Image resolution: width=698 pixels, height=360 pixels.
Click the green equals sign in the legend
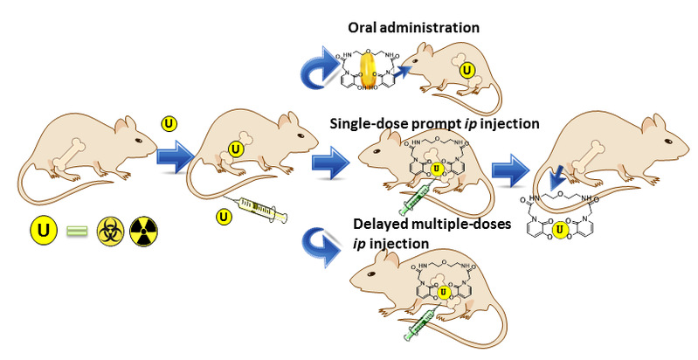coord(76,233)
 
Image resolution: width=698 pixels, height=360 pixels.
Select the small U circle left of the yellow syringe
coord(224,215)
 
